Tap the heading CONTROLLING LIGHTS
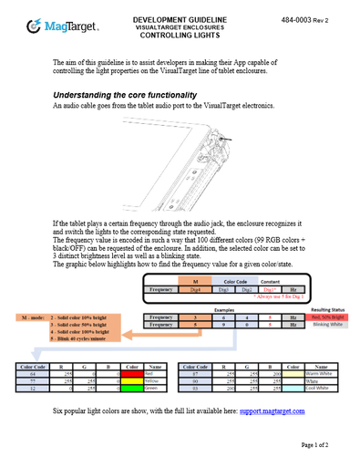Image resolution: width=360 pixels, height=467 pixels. tap(181, 34)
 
